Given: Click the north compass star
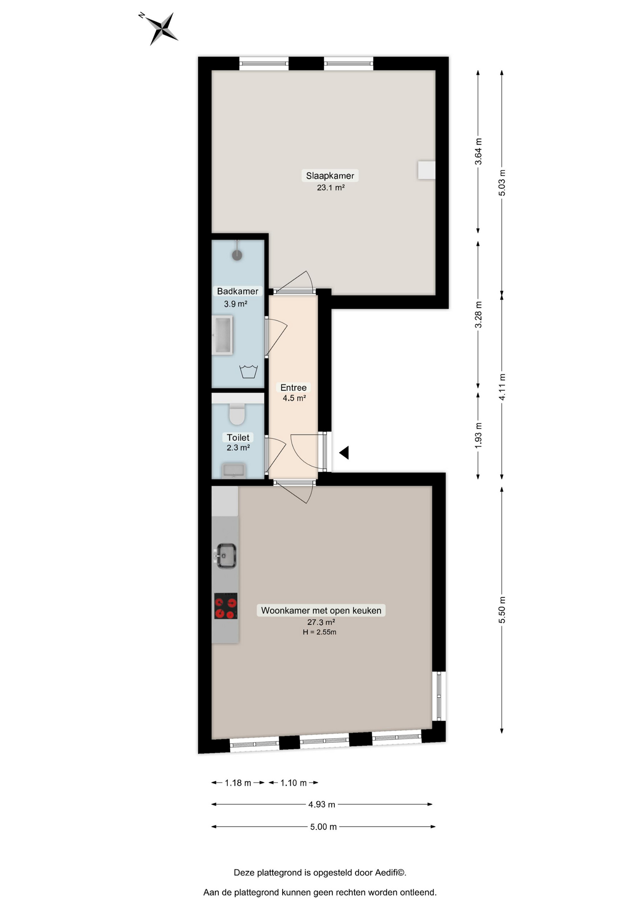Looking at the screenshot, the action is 161,28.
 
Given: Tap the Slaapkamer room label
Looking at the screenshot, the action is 330,176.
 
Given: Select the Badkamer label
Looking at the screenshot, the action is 238,291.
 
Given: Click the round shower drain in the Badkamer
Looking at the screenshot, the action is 237,255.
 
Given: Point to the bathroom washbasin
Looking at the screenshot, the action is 222,335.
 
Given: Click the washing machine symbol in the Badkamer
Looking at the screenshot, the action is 249,372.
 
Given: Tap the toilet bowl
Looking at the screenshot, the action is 237,414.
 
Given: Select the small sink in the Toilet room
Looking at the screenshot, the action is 234,470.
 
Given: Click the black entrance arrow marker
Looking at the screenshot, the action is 344,453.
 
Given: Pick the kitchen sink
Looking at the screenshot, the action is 226,556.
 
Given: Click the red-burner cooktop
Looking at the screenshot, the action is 226,606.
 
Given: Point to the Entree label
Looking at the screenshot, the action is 294,387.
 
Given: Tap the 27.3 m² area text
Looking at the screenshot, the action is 321,622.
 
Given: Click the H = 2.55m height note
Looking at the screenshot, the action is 320,632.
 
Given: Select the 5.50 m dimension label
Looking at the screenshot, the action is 502,610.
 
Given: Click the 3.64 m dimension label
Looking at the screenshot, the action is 478,151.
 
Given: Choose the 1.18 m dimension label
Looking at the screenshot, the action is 238,783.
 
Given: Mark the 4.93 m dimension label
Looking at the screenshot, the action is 321,804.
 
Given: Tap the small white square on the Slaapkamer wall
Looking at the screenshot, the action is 426,170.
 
